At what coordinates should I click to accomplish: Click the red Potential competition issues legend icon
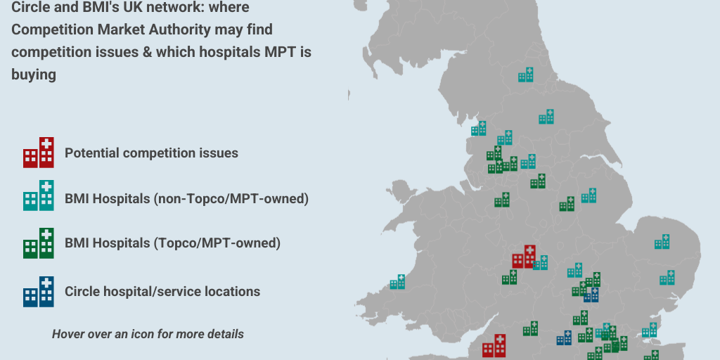39,153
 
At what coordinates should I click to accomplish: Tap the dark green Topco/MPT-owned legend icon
39,244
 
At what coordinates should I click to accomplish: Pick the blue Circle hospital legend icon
39,292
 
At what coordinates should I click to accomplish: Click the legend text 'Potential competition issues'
151,153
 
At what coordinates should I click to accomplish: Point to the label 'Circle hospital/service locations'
162,291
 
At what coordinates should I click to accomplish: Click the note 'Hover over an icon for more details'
148,334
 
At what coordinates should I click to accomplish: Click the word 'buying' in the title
34,75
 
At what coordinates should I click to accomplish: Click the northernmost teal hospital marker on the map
526,75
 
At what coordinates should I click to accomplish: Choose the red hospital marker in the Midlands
524,257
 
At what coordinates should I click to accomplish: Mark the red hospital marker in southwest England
494,346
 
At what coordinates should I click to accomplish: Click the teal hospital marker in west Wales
397,282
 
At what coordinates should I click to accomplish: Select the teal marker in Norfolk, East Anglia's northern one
662,242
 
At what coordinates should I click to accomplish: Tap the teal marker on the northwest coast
479,129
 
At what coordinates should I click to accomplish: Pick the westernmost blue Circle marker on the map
564,338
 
